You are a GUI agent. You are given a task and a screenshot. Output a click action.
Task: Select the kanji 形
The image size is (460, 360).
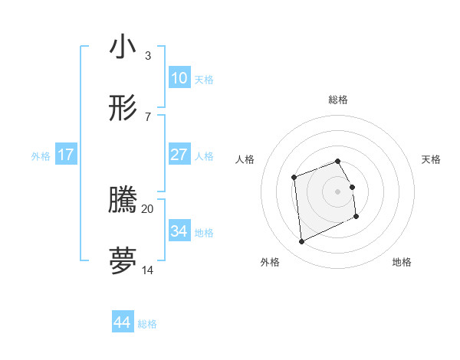coord(123,109)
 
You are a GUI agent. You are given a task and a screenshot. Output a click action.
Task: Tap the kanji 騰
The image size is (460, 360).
coord(123,200)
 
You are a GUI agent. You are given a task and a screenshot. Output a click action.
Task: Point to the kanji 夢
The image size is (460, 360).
coord(123,260)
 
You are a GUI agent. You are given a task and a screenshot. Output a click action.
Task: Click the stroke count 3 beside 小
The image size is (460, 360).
coord(147,55)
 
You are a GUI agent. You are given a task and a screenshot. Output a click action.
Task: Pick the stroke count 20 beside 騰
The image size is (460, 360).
coord(148,208)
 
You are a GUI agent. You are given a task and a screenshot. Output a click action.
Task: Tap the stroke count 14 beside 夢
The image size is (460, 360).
coord(148,269)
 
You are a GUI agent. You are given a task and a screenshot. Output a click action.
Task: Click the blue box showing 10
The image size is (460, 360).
coord(179,78)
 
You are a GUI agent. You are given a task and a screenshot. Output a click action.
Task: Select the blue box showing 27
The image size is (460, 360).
coord(179,155)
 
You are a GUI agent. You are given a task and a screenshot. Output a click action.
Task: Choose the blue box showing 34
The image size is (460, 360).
coord(179,231)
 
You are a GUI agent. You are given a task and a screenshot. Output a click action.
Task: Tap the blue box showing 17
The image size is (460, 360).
coord(66,155)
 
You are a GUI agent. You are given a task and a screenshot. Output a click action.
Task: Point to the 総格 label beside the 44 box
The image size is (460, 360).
coord(147,324)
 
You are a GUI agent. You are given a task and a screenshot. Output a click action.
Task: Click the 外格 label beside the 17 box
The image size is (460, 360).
coord(41,156)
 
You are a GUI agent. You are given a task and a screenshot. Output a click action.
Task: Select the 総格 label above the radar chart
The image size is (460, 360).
coord(338,100)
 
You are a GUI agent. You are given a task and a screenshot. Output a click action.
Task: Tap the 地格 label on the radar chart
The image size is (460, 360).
coord(402,262)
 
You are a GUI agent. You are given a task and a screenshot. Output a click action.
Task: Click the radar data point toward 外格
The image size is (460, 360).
coord(301,242)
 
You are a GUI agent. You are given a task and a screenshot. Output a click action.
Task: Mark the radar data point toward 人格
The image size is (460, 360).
coord(294,178)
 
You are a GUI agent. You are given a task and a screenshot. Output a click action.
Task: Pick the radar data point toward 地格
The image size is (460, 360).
coord(356,217)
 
